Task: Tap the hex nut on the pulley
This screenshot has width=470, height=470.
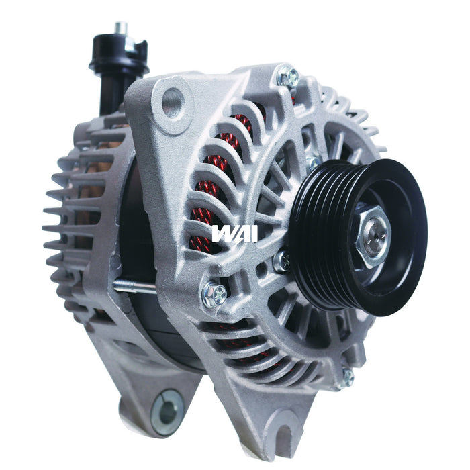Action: [x=373, y=237]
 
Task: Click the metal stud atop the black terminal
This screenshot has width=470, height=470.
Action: [x=121, y=29]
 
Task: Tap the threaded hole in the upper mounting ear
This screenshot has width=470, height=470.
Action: [x=172, y=103]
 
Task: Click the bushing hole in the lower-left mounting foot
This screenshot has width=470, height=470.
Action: [x=167, y=411]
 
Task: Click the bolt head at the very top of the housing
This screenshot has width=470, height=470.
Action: [x=289, y=78]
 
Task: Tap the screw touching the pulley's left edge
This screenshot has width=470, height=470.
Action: [x=283, y=261]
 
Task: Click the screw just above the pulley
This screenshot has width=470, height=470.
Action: [x=313, y=163]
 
